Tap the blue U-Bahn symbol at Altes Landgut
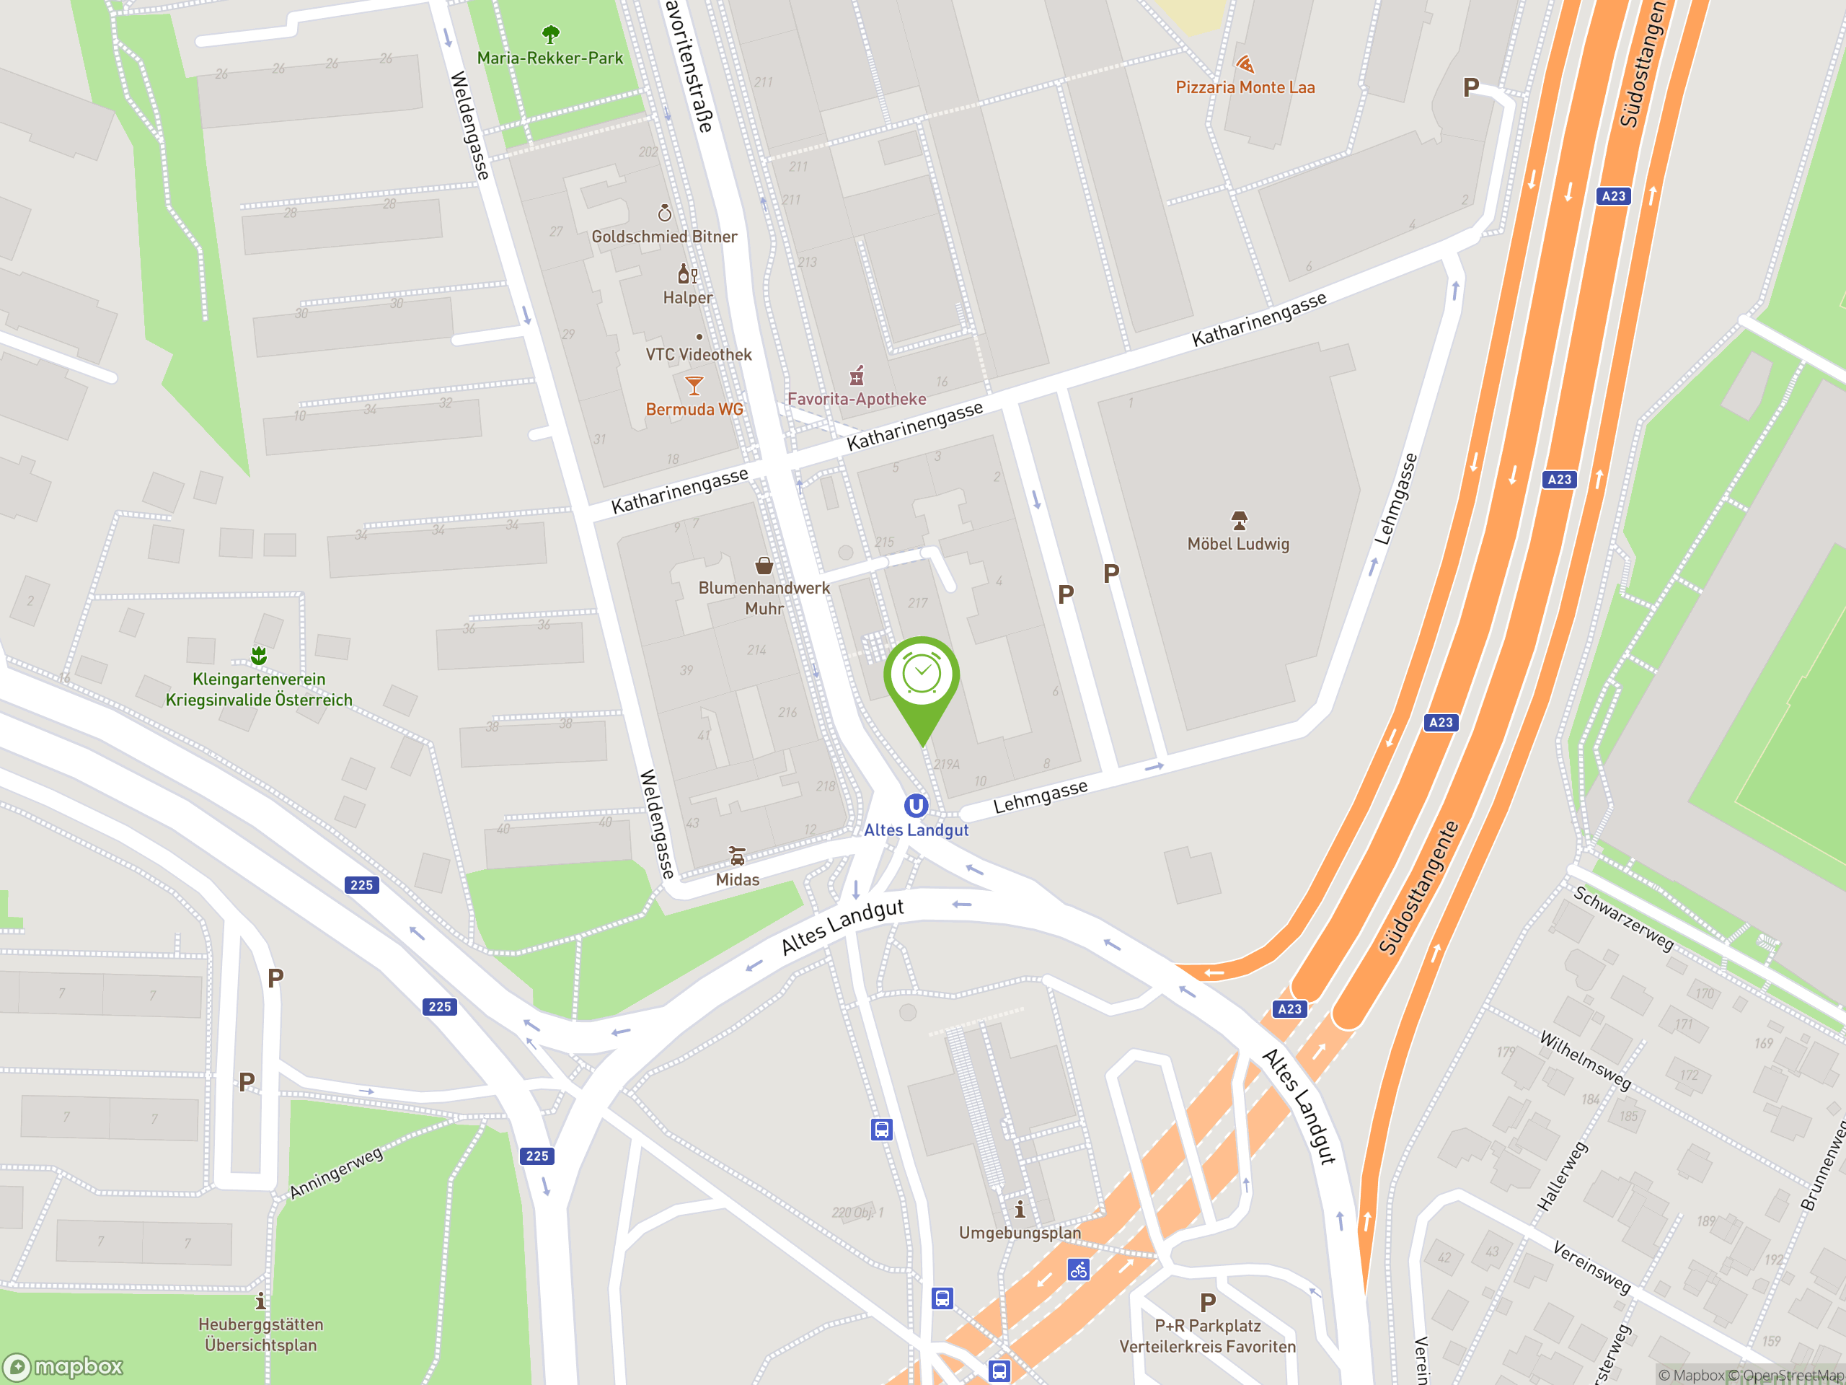click(x=916, y=806)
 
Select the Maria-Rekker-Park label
click(x=550, y=58)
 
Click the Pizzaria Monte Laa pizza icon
click(x=1245, y=64)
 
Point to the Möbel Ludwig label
click(x=1237, y=545)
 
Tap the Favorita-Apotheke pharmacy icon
click(x=856, y=376)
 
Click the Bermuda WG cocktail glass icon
click(x=694, y=386)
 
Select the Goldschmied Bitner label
click(x=664, y=237)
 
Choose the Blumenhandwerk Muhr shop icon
click(x=764, y=566)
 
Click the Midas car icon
click(x=737, y=856)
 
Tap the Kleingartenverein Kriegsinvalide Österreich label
click(x=259, y=690)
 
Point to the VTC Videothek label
click(x=699, y=355)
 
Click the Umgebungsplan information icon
click(x=1019, y=1210)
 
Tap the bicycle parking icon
click(x=1078, y=1270)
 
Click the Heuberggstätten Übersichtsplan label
click(x=260, y=1334)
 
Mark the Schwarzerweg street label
click(x=1623, y=918)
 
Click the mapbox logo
click(x=63, y=1367)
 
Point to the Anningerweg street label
click(x=336, y=1172)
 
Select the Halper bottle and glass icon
click(x=686, y=274)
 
